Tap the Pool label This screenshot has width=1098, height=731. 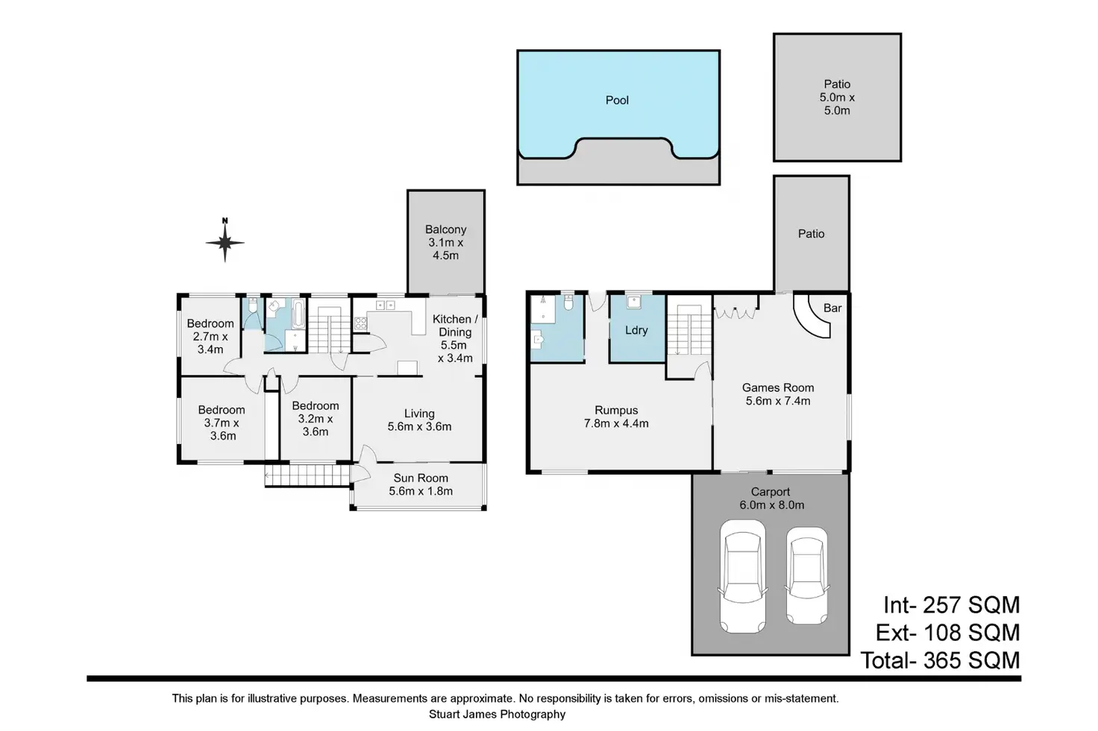(x=617, y=101)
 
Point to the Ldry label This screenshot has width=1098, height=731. (x=636, y=330)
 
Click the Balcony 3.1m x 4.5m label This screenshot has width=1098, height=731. (x=446, y=242)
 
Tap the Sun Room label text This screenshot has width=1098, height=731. (x=421, y=484)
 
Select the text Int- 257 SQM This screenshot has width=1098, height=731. (x=951, y=604)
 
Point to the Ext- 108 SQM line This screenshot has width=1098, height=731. (x=947, y=633)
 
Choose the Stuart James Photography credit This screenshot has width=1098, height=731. (x=497, y=715)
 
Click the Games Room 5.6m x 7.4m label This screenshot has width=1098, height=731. (x=778, y=394)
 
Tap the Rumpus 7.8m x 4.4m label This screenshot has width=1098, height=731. (x=616, y=417)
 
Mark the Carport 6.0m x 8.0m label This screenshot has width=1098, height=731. (x=771, y=498)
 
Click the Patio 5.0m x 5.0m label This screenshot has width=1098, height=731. (x=837, y=98)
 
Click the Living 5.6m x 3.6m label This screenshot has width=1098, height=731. (x=419, y=420)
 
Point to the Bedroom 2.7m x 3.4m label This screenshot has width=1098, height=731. (x=210, y=336)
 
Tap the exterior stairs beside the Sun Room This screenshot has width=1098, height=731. (x=307, y=475)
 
